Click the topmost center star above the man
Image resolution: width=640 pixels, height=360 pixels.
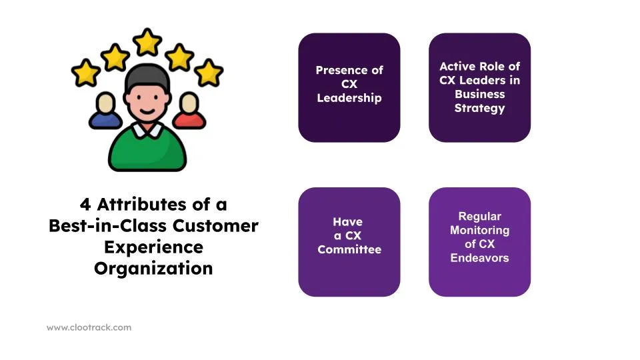(x=147, y=42)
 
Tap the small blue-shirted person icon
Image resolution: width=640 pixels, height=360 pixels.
(x=105, y=112)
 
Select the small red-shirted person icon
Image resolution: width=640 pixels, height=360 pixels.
(x=189, y=112)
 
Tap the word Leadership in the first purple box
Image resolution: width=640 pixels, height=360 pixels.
(x=349, y=98)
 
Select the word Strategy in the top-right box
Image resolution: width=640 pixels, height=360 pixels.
(x=479, y=108)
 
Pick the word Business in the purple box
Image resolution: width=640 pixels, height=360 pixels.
(x=479, y=94)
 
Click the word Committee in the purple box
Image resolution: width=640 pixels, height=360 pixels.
(x=349, y=249)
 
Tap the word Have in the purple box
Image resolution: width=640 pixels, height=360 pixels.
(x=347, y=221)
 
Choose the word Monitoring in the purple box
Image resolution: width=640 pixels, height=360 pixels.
(x=479, y=230)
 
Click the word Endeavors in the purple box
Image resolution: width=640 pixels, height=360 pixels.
(x=479, y=257)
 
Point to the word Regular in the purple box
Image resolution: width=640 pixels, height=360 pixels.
(x=479, y=216)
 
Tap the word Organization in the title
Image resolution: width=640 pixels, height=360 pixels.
(x=153, y=268)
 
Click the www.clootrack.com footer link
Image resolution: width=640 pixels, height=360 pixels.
(x=89, y=327)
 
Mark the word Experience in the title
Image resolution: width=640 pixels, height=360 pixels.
(x=153, y=247)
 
